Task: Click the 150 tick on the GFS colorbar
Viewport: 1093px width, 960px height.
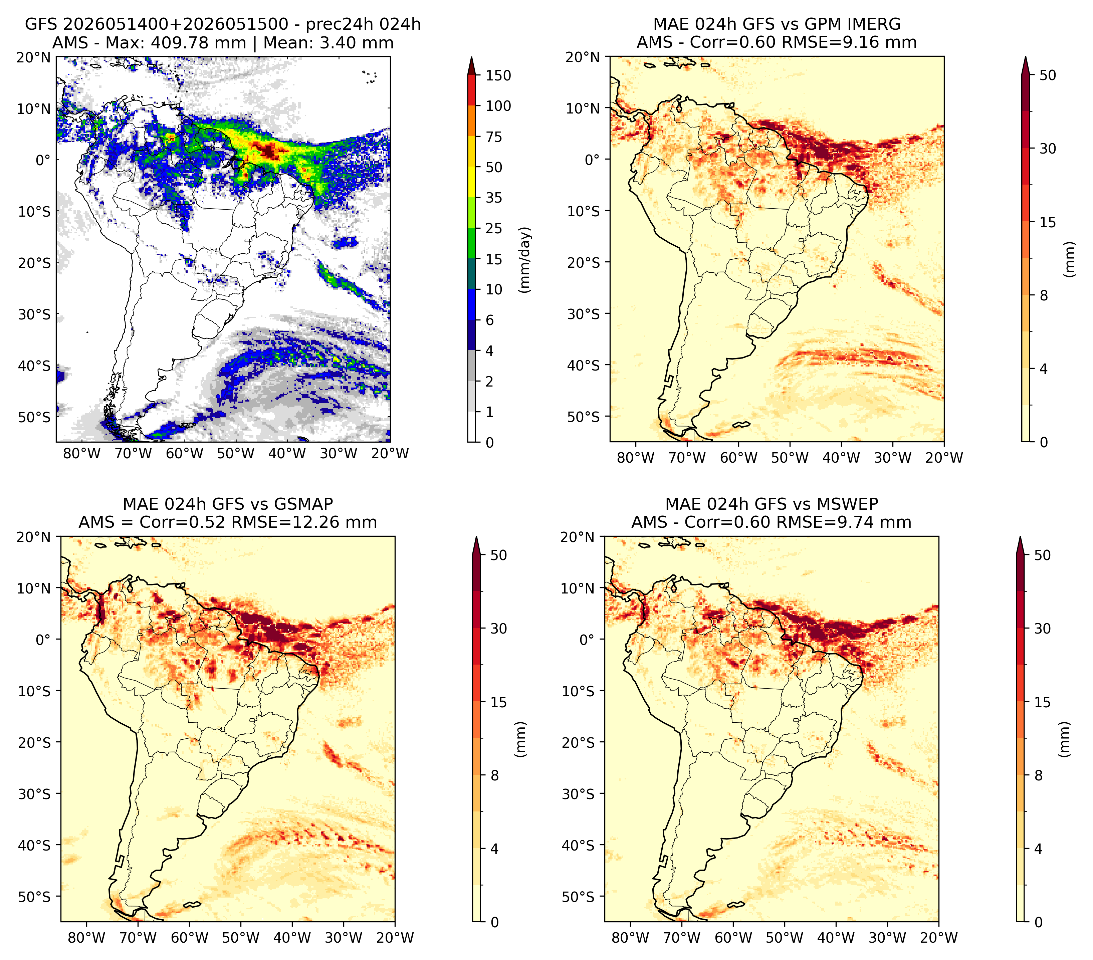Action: click(498, 75)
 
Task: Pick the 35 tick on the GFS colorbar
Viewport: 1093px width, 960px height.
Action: click(494, 198)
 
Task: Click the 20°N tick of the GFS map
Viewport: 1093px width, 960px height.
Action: click(33, 57)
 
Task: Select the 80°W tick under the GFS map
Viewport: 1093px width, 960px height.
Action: click(82, 454)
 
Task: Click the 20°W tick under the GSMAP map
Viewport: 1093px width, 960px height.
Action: click(395, 938)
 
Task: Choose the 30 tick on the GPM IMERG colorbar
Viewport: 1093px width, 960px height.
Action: click(1048, 149)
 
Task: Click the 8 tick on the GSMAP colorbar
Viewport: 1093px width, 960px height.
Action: click(495, 776)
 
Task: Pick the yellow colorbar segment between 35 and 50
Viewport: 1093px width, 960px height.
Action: click(472, 182)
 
